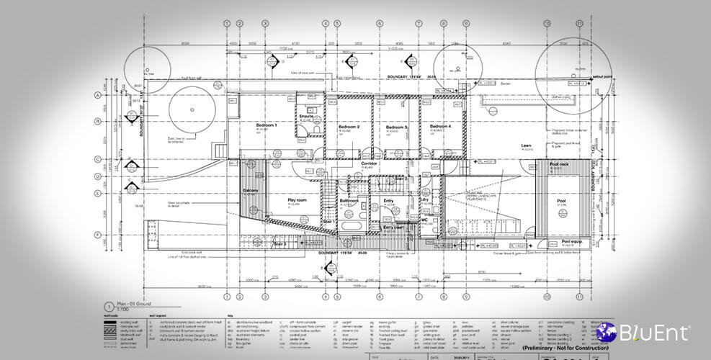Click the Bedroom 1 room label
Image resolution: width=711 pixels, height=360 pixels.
pyautogui.click(x=266, y=125)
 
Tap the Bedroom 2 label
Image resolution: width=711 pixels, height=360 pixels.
pyautogui.click(x=349, y=127)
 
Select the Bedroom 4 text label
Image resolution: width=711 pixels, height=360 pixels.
pyautogui.click(x=440, y=127)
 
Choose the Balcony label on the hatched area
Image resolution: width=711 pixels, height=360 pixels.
pyautogui.click(x=251, y=190)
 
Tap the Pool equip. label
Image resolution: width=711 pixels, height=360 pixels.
pyautogui.click(x=571, y=241)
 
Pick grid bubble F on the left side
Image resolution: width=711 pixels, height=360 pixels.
pyautogui.click(x=97, y=235)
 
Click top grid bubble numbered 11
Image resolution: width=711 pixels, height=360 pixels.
pyautogui.click(x=578, y=23)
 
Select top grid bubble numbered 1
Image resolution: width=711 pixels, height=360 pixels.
pyautogui.click(x=227, y=23)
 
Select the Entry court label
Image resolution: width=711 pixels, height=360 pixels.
pyautogui.click(x=393, y=227)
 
